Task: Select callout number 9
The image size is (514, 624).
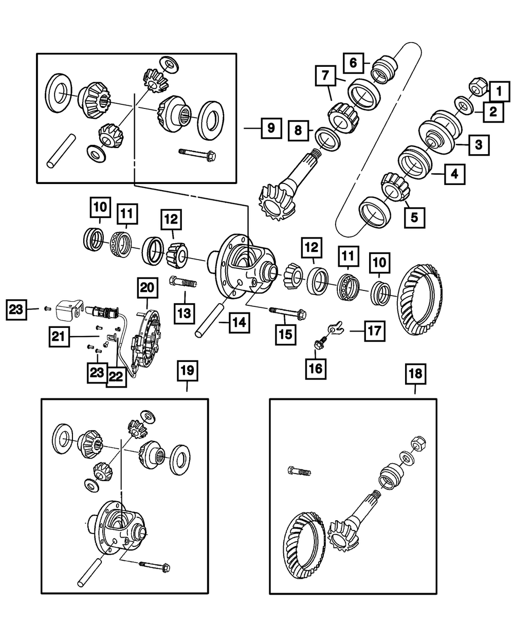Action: (x=270, y=128)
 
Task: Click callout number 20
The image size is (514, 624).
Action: (x=147, y=289)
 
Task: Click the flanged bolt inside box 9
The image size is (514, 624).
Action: (x=197, y=153)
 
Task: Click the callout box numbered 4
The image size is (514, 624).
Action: (x=454, y=174)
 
